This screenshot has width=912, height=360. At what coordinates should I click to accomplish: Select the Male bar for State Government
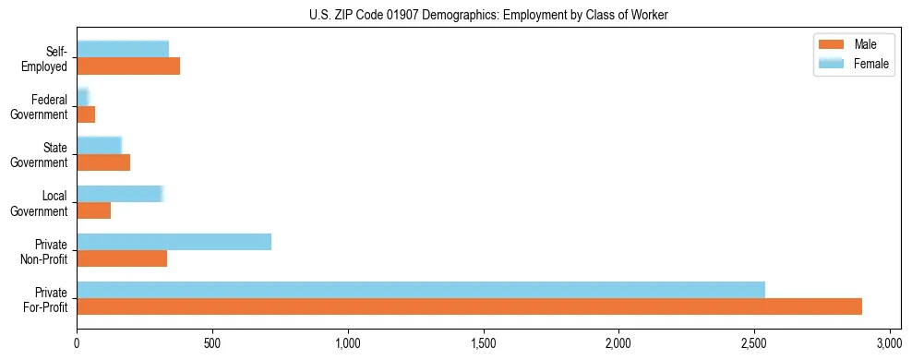pos(103,162)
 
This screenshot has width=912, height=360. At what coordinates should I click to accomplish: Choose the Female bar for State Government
pos(99,146)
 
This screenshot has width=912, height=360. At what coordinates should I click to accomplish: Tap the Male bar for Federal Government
pos(86,114)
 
